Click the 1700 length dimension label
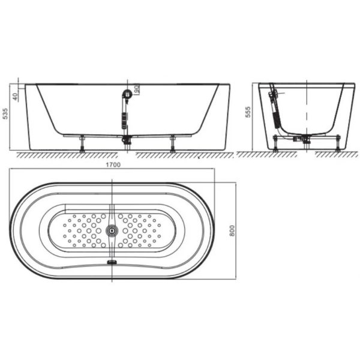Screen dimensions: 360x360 point(113,165)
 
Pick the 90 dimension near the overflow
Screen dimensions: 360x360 point(137,90)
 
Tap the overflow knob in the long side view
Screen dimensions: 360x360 point(126,94)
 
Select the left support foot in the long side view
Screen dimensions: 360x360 point(82,144)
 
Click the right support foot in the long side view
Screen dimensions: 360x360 point(172,144)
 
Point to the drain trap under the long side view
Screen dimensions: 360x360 point(127,140)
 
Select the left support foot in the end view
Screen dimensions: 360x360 point(275,144)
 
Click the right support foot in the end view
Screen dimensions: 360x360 point(339,144)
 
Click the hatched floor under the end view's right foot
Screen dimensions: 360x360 point(336,154)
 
